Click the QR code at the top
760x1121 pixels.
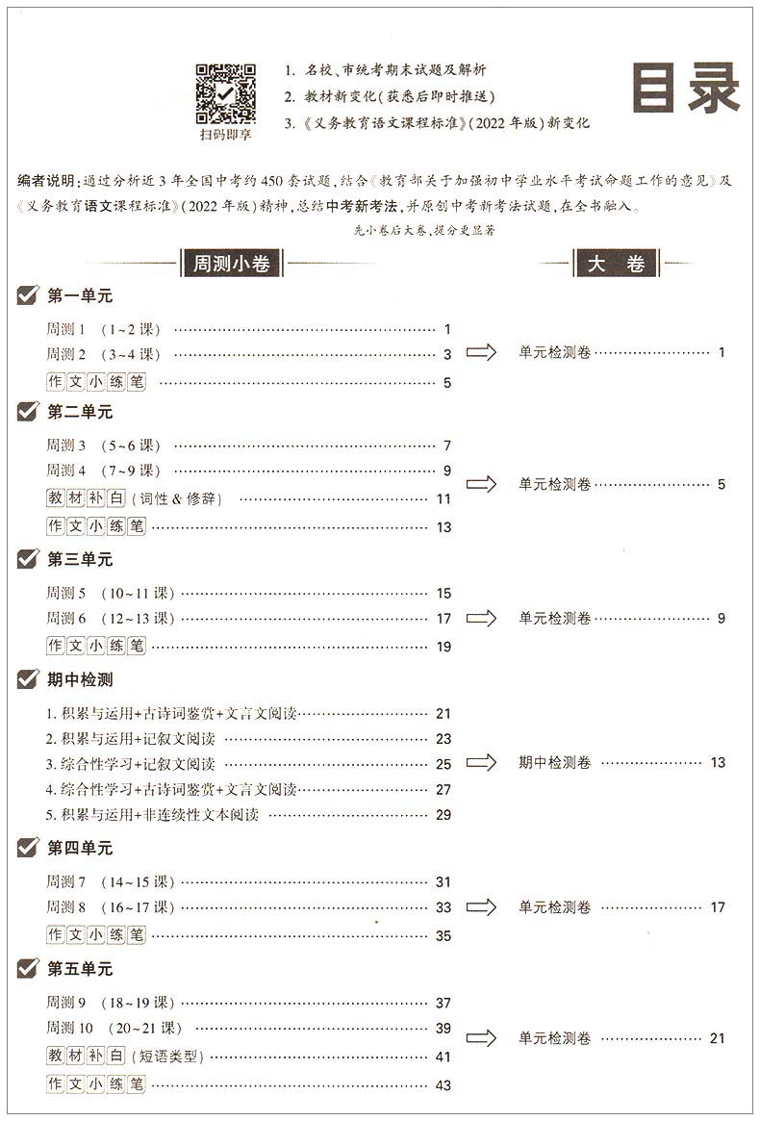pyautogui.click(x=226, y=93)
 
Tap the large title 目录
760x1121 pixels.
pyautogui.click(x=685, y=89)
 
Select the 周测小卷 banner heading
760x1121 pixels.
pyautogui.click(x=231, y=264)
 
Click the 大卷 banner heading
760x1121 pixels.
pyautogui.click(x=616, y=264)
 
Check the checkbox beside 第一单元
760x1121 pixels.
pyautogui.click(x=28, y=295)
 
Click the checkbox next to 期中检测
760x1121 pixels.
pyautogui.click(x=28, y=679)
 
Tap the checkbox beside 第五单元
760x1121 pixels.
pyautogui.click(x=28, y=968)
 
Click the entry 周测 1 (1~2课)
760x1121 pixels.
pyautogui.click(x=103, y=329)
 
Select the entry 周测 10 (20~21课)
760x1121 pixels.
pyautogui.click(x=114, y=1028)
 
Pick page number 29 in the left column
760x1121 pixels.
pyautogui.click(x=443, y=814)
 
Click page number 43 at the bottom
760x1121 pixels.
pyautogui.click(x=443, y=1085)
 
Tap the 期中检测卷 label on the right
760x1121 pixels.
pyautogui.click(x=555, y=762)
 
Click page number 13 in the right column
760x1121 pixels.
pyautogui.click(x=718, y=762)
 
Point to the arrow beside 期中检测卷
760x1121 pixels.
pyautogui.click(x=481, y=762)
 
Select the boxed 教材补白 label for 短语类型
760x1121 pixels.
pyautogui.click(x=86, y=1056)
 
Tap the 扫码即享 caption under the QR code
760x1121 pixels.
pyautogui.click(x=225, y=136)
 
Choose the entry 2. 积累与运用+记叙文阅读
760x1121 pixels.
pyautogui.click(x=131, y=739)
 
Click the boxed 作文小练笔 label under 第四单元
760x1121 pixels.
pyautogui.click(x=95, y=934)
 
